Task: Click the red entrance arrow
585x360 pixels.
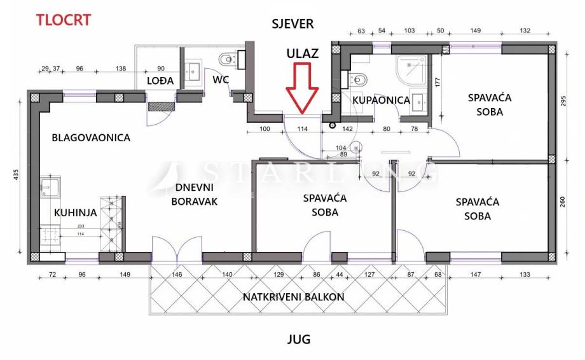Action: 302,88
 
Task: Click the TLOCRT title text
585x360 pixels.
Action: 63,19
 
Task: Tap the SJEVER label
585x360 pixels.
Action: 292,24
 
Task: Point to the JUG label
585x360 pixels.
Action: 298,339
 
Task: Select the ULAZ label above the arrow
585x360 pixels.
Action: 301,53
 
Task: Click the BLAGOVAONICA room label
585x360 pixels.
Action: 91,137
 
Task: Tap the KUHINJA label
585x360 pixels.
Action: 75,213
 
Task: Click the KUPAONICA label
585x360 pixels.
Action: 381,100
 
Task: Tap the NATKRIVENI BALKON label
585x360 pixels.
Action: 293,297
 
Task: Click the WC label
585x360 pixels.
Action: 221,80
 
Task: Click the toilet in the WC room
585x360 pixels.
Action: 228,60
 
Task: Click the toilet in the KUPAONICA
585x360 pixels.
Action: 357,81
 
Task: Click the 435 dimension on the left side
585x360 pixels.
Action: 15,175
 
